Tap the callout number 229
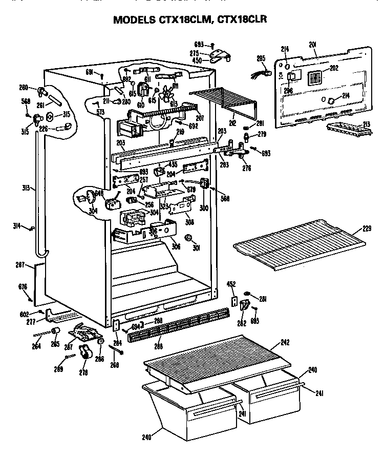pyautogui.click(x=367, y=228)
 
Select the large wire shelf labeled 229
pyautogui.click(x=300, y=245)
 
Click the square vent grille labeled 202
pyautogui.click(x=315, y=78)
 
